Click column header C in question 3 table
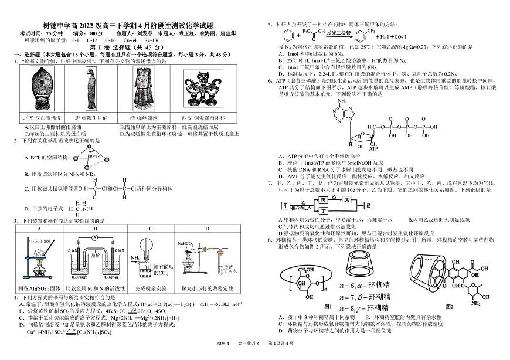click(x=150, y=229)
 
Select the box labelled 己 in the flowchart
click(x=368, y=206)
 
